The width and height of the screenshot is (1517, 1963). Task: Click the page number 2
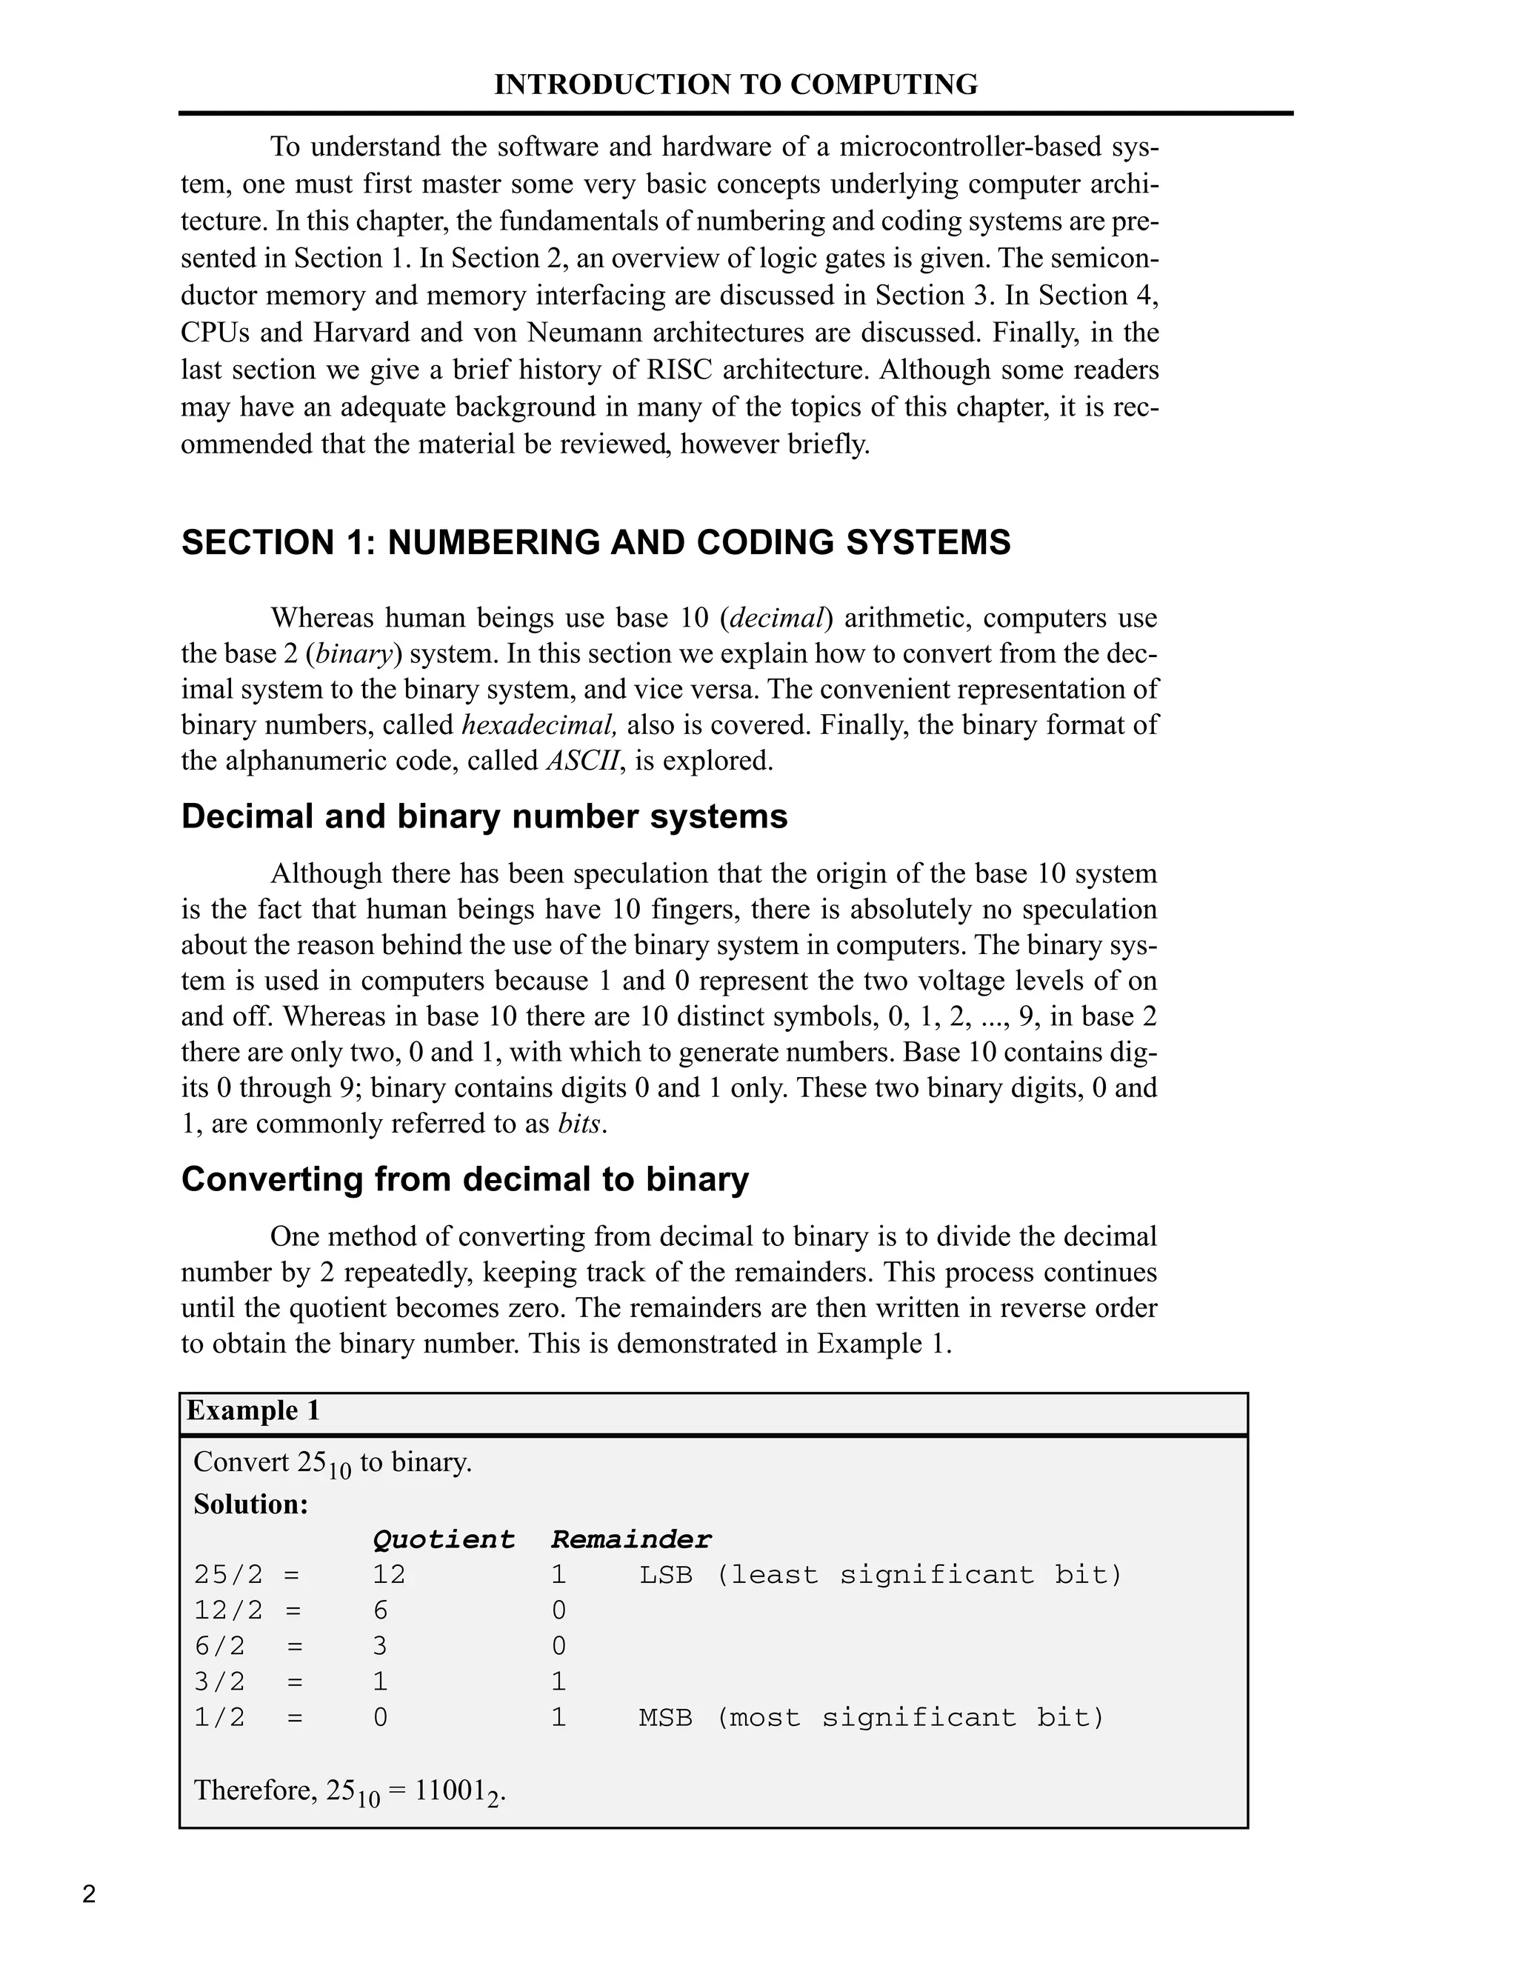coord(89,1895)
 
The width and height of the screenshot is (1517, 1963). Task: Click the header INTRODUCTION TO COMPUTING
coord(735,84)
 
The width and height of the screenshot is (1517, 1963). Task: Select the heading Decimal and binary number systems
coord(484,816)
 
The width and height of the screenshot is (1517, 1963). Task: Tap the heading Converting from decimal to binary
coord(464,1179)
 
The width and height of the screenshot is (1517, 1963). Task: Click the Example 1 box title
coord(253,1410)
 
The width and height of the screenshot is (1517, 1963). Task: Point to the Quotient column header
coord(443,1539)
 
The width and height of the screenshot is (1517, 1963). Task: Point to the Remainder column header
coord(631,1539)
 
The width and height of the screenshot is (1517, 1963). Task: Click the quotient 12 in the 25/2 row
coord(389,1575)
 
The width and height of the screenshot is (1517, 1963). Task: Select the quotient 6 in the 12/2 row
coord(380,1610)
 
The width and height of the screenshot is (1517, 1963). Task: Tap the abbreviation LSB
coord(666,1575)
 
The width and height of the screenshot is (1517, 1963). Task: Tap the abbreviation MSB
coord(666,1718)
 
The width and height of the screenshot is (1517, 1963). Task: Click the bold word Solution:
coord(251,1504)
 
